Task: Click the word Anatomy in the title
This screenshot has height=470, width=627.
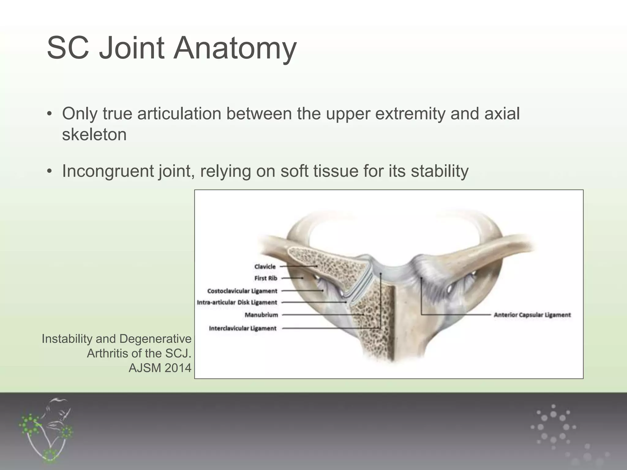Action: [235, 48]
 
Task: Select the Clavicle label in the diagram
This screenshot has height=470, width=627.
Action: [265, 267]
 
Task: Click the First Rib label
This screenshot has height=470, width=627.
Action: [265, 278]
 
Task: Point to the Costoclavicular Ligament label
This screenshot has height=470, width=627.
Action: [242, 291]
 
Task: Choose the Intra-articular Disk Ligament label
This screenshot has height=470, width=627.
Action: [237, 302]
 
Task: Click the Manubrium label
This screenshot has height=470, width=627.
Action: [261, 315]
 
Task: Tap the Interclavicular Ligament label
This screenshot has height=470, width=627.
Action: [242, 328]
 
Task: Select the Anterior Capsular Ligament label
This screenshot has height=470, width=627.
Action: [532, 315]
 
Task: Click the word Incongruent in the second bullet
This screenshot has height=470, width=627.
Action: [108, 171]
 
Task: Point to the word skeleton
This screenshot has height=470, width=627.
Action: [94, 134]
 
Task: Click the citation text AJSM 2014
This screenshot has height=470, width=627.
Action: [160, 368]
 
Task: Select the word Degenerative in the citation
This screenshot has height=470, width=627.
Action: [155, 339]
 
